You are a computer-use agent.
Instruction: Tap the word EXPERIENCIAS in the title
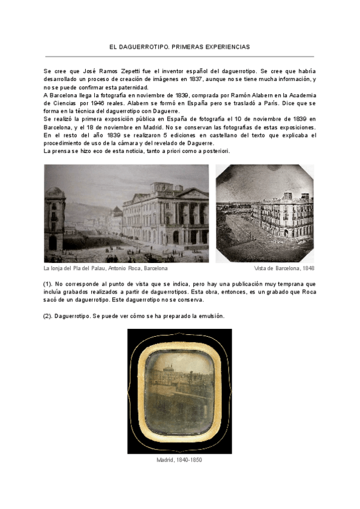(227, 46)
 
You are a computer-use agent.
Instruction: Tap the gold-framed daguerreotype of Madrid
(179, 391)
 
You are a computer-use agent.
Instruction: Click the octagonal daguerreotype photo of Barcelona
(265, 213)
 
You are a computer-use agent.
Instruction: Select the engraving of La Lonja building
(126, 213)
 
